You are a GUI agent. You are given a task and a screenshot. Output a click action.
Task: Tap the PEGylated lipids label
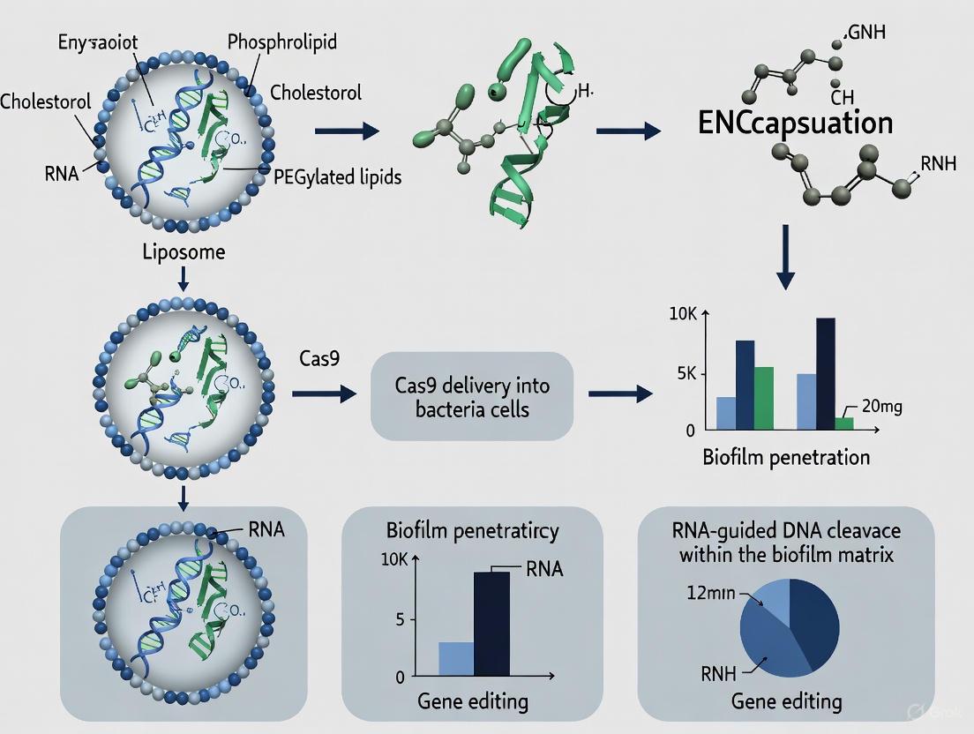click(338, 177)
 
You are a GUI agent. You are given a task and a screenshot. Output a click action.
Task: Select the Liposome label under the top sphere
click(184, 252)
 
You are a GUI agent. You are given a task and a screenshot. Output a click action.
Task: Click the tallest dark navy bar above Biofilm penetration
click(825, 373)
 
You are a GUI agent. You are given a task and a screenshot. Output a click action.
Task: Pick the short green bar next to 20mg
click(843, 423)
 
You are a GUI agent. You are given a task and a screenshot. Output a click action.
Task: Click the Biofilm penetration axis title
click(786, 457)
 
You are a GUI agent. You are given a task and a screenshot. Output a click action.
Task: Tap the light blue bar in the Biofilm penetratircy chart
click(456, 659)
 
